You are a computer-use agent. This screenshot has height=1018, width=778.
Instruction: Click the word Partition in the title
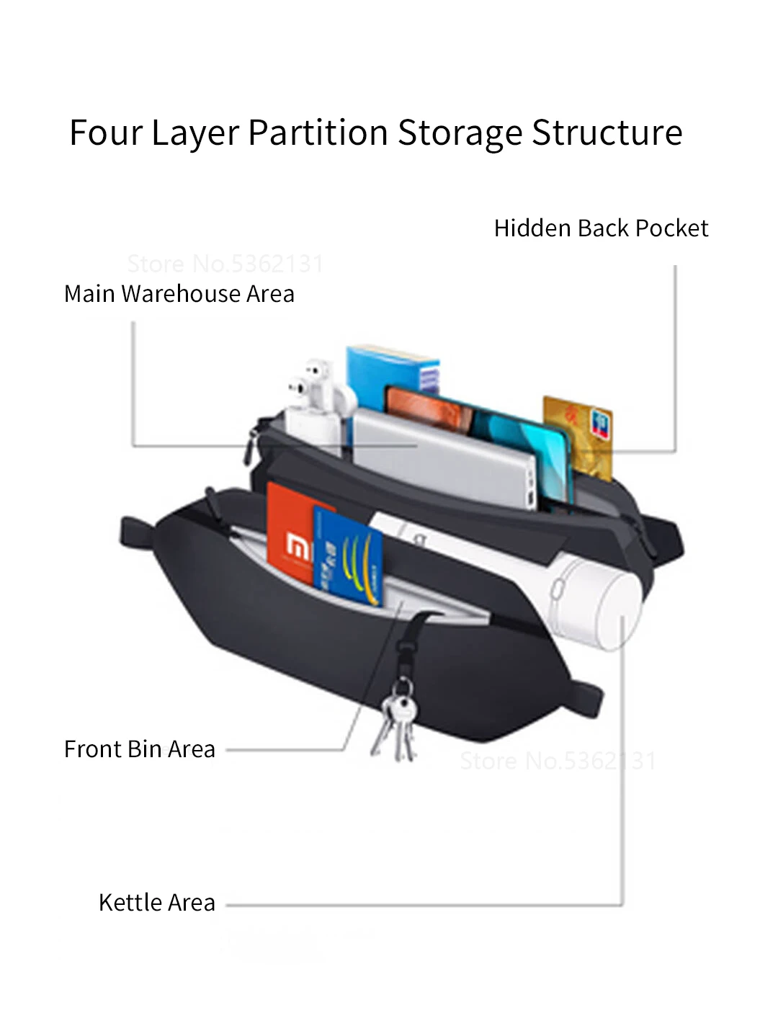click(x=318, y=133)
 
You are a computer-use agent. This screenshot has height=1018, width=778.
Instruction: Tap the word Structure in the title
click(x=607, y=133)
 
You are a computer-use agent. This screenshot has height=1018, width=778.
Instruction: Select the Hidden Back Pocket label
click(x=601, y=228)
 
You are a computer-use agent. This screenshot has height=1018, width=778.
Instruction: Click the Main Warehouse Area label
click(x=179, y=294)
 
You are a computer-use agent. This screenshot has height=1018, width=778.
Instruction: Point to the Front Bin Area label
click(x=140, y=749)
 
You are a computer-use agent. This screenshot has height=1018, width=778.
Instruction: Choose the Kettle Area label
click(x=157, y=903)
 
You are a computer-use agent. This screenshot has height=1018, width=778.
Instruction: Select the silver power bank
click(x=447, y=457)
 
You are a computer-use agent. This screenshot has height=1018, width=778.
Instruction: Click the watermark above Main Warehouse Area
click(x=225, y=264)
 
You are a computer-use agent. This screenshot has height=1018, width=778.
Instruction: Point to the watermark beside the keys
click(x=558, y=761)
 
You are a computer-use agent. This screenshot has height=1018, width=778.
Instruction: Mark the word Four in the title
click(x=105, y=133)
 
